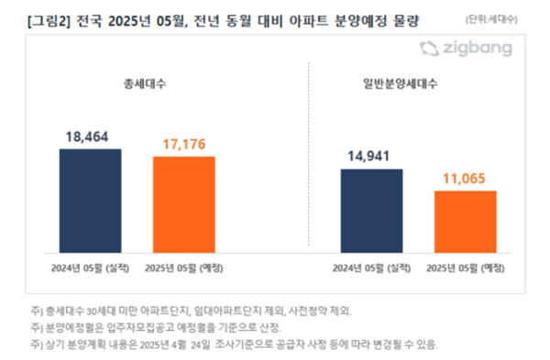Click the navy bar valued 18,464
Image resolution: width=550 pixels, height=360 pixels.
pyautogui.click(x=90, y=199)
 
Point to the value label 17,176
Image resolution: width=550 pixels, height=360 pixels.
pyautogui.click(x=184, y=143)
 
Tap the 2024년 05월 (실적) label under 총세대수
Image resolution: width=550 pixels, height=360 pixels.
pyautogui.click(x=90, y=267)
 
